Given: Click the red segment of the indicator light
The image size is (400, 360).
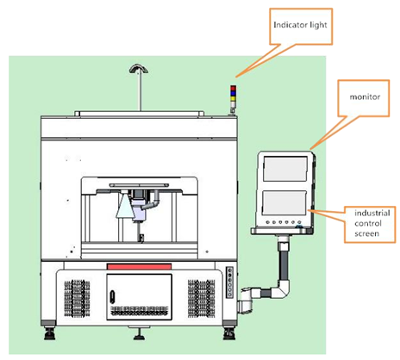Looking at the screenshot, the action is pyautogui.click(x=234, y=88).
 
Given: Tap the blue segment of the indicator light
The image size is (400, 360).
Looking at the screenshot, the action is pyautogui.click(x=234, y=93).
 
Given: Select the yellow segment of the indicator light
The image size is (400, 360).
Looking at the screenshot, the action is pyautogui.click(x=234, y=98).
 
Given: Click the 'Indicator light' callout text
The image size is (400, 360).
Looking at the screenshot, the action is pyautogui.click(x=300, y=25).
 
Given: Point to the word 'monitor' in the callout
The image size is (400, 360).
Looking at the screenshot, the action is pyautogui.click(x=365, y=97).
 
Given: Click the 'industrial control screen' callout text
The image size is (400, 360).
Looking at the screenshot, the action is pyautogui.click(x=372, y=223).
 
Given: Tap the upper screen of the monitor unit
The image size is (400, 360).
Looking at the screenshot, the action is pyautogui.click(x=285, y=169).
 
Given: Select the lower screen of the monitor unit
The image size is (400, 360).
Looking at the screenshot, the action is pyautogui.click(x=284, y=202).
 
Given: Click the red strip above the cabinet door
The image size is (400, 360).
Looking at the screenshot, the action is pyautogui.click(x=140, y=266).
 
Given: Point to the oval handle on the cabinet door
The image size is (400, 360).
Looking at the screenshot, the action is pyautogui.click(x=113, y=296).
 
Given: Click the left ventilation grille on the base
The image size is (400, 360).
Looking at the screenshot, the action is pyautogui.click(x=77, y=298).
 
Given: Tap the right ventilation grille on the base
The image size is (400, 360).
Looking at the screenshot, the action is pyautogui.click(x=202, y=298).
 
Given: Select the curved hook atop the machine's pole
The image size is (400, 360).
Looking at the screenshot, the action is pyautogui.click(x=139, y=68).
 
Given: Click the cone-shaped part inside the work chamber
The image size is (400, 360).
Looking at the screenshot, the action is pyautogui.click(x=124, y=205).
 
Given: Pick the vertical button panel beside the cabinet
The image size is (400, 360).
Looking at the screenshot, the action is pyautogui.click(x=229, y=282).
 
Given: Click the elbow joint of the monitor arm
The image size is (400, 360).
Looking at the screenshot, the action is pyautogui.click(x=283, y=289).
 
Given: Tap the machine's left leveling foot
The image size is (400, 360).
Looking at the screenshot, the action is pyautogui.click(x=50, y=333).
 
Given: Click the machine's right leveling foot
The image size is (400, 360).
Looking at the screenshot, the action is pyautogui.click(x=229, y=333).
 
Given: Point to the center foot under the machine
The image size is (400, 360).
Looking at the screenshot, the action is pyautogui.click(x=140, y=334).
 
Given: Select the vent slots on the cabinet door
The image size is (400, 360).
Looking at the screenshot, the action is pyautogui.click(x=140, y=311).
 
